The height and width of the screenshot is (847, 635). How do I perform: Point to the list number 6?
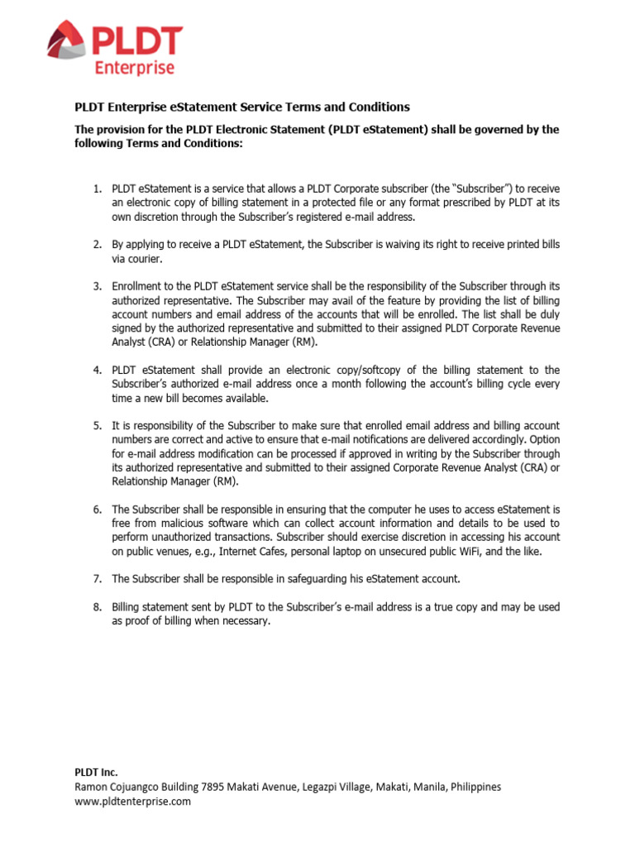click(x=96, y=509)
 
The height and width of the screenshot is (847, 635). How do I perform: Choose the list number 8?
click(x=96, y=607)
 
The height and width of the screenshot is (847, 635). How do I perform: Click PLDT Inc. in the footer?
click(x=97, y=773)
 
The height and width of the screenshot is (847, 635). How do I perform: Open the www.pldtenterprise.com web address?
click(x=133, y=802)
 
